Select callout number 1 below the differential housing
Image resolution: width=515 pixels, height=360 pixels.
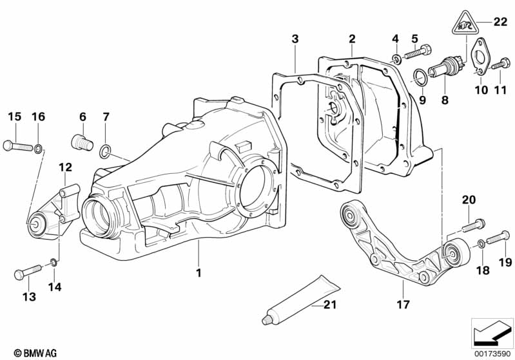[199, 273]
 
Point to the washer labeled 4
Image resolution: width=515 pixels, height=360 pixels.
[396, 60]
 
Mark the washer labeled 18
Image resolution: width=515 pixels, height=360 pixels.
[481, 243]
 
